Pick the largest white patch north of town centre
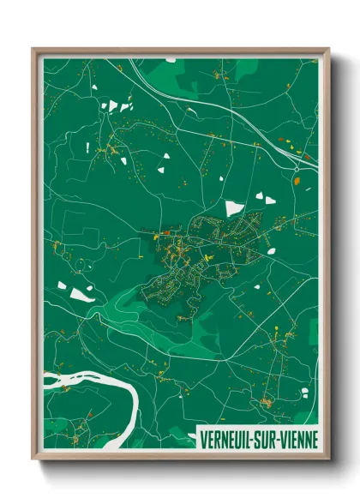tap(234, 207)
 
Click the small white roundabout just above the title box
tap(304, 417)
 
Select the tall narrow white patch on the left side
tap(87, 147)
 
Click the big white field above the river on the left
tap(81, 294)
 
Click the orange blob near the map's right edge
tap(296, 181)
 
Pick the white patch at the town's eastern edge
tap(271, 251)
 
